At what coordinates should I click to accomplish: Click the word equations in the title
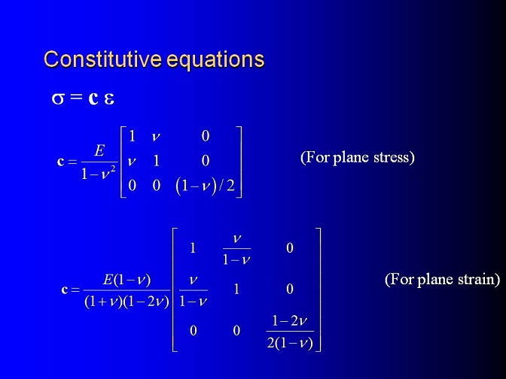click(x=216, y=60)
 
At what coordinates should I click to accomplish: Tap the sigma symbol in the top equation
click(x=58, y=99)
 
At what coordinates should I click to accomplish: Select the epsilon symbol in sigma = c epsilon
click(x=109, y=99)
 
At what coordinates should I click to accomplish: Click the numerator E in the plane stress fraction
click(x=99, y=150)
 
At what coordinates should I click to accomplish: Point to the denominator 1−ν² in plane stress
click(x=98, y=173)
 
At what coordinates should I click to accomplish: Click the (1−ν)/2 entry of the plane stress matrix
click(x=205, y=186)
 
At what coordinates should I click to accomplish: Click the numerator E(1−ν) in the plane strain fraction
click(x=126, y=280)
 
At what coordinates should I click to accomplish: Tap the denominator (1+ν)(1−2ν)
click(x=126, y=302)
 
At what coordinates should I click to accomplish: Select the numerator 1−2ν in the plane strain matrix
click(x=289, y=320)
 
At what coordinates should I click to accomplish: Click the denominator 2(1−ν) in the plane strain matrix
click(x=290, y=343)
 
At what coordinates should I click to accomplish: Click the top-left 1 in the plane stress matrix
click(x=132, y=136)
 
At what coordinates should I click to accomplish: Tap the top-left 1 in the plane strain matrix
click(x=193, y=248)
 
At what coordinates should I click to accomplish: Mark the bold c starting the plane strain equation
click(x=65, y=290)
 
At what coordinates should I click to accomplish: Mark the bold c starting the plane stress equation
click(x=60, y=161)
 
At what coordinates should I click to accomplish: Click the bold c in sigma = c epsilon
click(x=93, y=99)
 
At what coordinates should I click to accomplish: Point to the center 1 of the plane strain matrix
click(x=236, y=289)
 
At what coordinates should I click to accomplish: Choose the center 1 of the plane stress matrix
click(x=157, y=160)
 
